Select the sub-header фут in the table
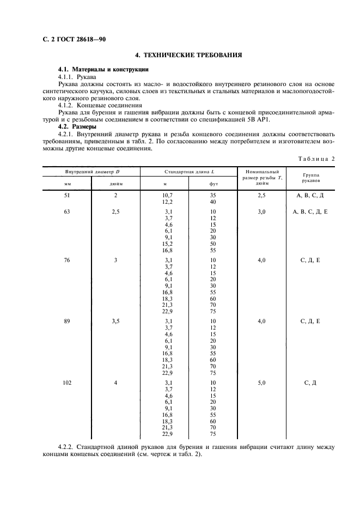click(x=213, y=184)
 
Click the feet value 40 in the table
click(x=213, y=202)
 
